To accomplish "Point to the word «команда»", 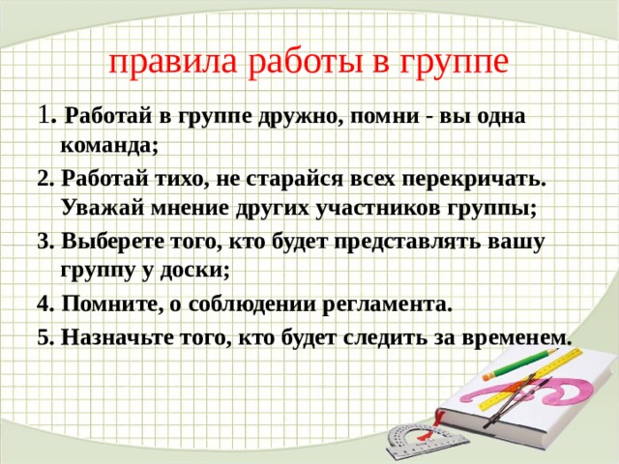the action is [109, 146].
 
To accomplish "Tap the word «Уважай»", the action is [103, 209].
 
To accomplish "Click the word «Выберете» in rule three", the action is [112, 241].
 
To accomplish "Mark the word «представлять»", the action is [408, 243].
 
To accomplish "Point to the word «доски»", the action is [194, 271].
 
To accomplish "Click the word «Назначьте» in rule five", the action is [117, 337].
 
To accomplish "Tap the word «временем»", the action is [516, 338].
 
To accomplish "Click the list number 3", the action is [45, 242].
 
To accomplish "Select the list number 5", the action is [45, 337].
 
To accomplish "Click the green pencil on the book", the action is [521, 363].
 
